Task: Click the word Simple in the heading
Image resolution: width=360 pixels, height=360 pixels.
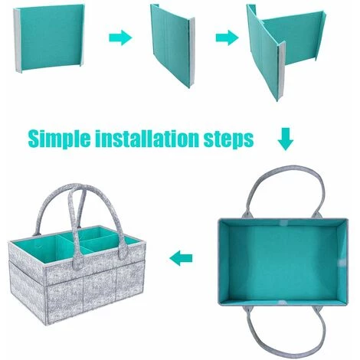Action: tap(59, 139)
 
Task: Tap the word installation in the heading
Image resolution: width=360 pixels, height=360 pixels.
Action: tap(147, 139)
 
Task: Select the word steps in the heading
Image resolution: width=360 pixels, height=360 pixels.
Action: tap(228, 139)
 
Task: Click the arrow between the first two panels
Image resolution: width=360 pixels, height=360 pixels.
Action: tap(120, 38)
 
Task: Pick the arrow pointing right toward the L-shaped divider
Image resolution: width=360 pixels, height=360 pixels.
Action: tap(227, 38)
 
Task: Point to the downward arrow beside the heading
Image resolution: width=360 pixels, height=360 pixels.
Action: tap(286, 139)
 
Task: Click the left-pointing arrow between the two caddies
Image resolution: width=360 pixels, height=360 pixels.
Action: tap(181, 258)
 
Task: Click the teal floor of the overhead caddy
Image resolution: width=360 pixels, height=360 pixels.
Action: tap(283, 263)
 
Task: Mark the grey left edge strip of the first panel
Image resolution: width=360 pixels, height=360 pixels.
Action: tap(17, 41)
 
